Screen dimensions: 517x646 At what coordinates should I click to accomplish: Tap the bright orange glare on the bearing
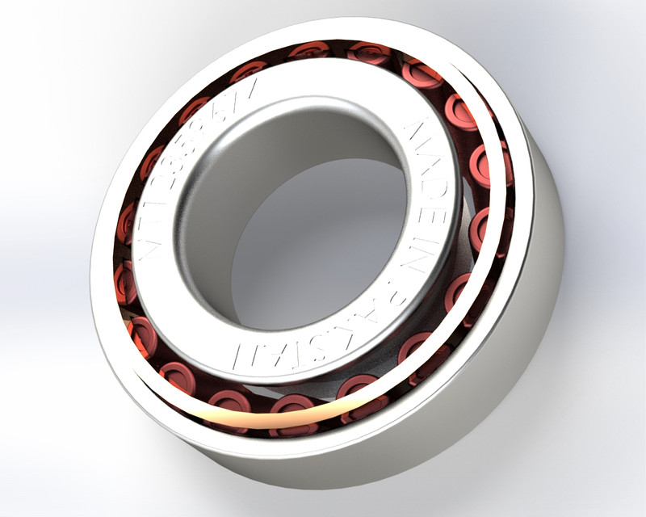[x=242, y=414]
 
